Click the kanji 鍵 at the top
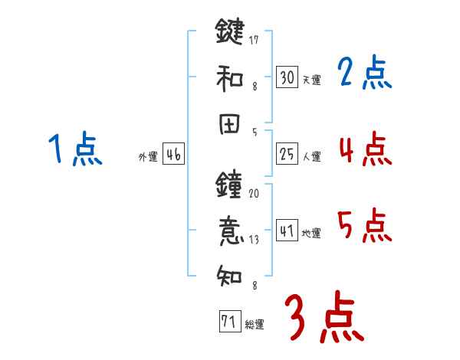(229, 33)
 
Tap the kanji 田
(229, 126)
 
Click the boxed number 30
(287, 77)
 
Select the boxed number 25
(287, 155)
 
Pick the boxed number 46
(173, 155)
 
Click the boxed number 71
(228, 322)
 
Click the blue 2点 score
(364, 74)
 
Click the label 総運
(255, 325)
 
